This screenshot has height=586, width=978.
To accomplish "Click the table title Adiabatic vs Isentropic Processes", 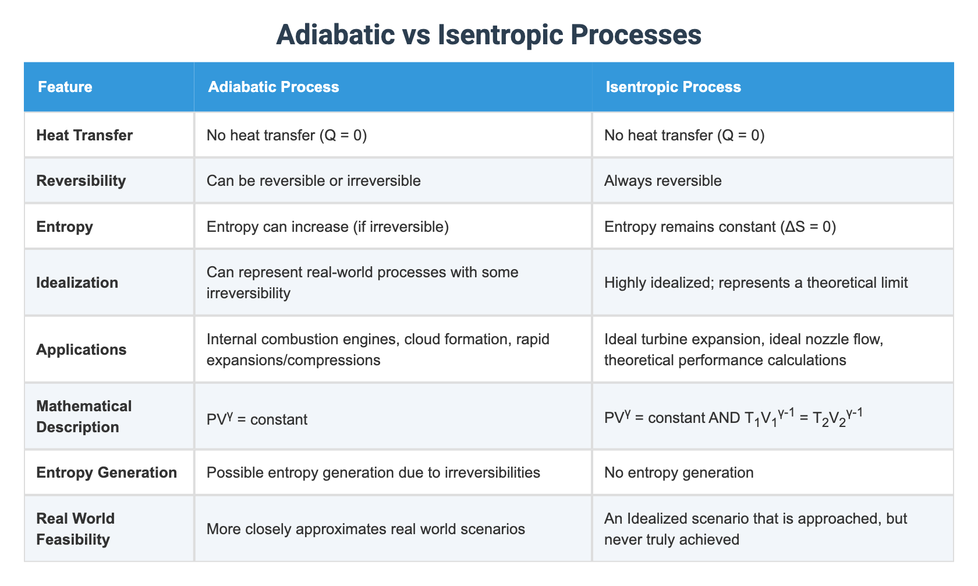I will click(x=488, y=35).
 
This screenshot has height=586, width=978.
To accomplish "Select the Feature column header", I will click(x=65, y=87).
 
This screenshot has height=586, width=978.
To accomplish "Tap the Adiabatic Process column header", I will click(x=273, y=87).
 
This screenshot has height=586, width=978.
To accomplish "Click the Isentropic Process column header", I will click(x=673, y=87).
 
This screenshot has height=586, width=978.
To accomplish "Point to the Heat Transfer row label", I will click(x=84, y=135).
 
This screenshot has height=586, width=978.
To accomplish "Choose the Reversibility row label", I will click(x=81, y=181).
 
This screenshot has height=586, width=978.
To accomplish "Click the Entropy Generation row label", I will click(x=107, y=472).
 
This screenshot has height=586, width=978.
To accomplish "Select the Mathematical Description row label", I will click(x=84, y=416).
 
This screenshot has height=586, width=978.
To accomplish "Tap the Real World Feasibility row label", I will click(x=76, y=529).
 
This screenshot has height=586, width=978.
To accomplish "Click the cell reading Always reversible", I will click(x=662, y=181).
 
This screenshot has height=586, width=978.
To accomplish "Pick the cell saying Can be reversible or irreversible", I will click(x=313, y=181).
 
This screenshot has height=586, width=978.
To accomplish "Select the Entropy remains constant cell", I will click(x=720, y=227).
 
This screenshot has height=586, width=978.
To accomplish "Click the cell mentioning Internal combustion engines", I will click(x=377, y=350).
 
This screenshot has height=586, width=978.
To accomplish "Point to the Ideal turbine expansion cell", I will click(x=743, y=350).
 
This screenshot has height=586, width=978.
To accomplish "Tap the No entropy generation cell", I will click(x=679, y=472).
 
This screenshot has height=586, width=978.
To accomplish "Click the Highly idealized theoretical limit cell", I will click(x=756, y=283).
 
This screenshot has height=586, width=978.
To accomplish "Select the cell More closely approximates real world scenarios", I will click(x=366, y=529).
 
